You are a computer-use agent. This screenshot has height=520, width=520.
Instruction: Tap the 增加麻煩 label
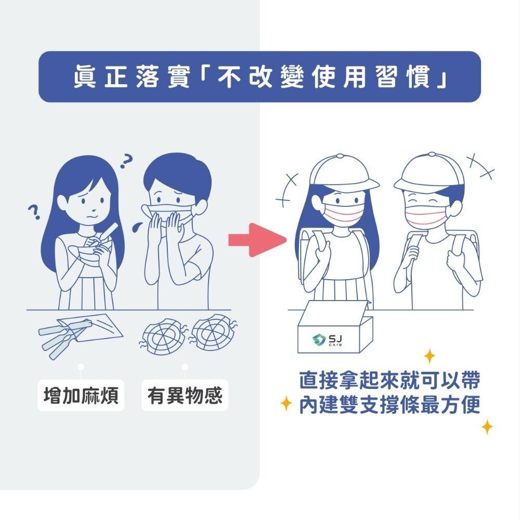coord(81,396)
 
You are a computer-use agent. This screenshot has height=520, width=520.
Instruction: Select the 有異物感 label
coord(185,396)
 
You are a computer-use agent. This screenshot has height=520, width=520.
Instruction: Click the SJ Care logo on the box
coord(329,340)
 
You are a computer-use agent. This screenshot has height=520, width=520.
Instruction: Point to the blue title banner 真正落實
coord(259,76)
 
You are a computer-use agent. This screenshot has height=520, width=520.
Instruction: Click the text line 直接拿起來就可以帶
coord(389,381)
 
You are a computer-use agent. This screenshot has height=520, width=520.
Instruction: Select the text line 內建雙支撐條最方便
coord(389,405)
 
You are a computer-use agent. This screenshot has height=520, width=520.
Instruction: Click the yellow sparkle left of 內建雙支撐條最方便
coord(285,403)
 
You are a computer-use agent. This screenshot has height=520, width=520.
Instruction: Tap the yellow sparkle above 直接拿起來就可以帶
coord(430,356)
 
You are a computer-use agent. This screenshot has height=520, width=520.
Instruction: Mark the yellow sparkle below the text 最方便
coord(487,427)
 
